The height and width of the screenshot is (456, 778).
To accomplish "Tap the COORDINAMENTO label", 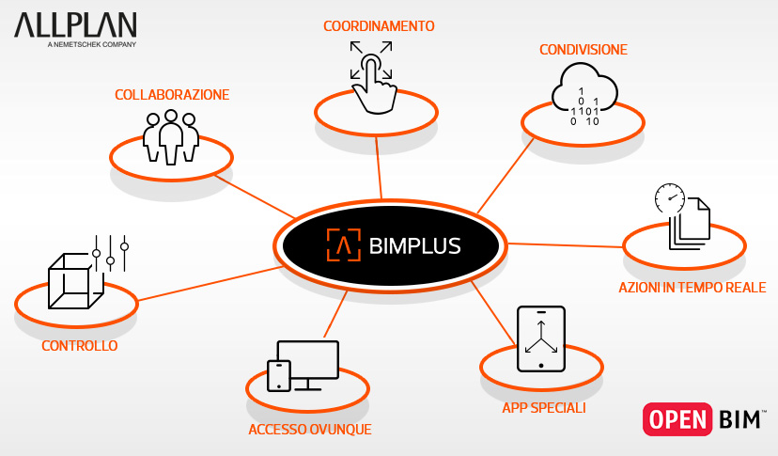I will click(x=379, y=26).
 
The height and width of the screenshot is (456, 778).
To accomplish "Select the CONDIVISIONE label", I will click(x=583, y=49).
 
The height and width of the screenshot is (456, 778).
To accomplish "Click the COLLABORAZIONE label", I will click(x=172, y=95).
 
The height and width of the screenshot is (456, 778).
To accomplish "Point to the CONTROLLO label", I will click(x=80, y=346).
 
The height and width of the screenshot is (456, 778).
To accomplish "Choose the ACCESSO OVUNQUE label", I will click(x=310, y=430).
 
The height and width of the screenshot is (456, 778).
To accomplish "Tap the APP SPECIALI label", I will click(x=544, y=408).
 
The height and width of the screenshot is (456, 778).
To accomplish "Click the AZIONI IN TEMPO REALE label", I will click(x=692, y=288).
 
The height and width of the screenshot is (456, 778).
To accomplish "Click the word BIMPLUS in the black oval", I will click(x=413, y=246).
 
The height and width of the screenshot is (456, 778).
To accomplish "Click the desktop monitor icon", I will click(x=307, y=364).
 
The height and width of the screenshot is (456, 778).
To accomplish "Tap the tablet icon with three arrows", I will click(x=540, y=339).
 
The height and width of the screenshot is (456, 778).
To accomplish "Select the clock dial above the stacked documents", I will click(x=669, y=197).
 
